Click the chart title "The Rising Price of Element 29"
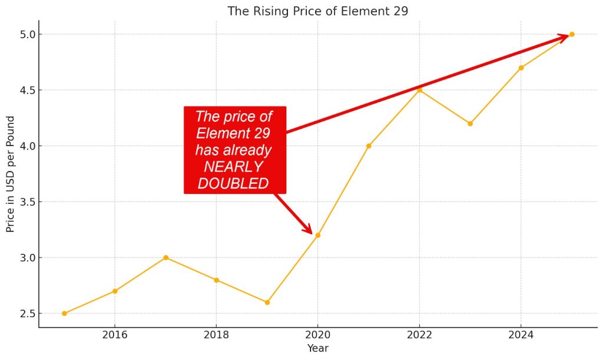(317, 11)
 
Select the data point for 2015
(64, 313)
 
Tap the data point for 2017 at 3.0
(165, 257)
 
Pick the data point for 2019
(267, 302)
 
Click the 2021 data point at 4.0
(369, 146)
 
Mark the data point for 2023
(470, 124)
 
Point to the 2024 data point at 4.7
(521, 68)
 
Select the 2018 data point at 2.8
(217, 280)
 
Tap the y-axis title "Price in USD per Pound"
(10, 174)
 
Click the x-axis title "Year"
(317, 348)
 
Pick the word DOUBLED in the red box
(234, 184)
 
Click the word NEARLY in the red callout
(234, 167)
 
